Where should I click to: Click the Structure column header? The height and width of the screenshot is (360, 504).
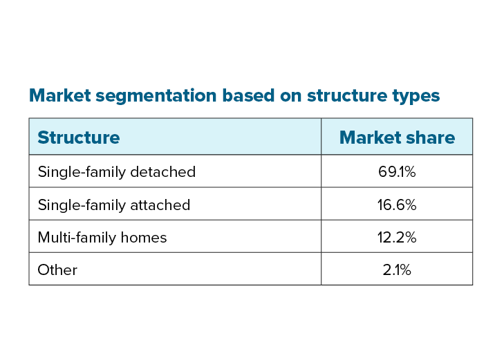pos(78,138)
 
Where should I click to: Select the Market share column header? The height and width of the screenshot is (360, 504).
pos(397,138)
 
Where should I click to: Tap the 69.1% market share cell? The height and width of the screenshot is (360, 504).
pos(397,171)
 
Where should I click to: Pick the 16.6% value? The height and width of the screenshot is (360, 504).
pos(397,205)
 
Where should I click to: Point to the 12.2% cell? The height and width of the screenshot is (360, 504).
pos(397,237)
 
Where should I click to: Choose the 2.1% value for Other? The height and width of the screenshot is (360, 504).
pos(397,269)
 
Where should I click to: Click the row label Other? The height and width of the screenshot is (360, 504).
pos(57,269)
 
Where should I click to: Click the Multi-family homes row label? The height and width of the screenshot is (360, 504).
pos(102,237)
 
